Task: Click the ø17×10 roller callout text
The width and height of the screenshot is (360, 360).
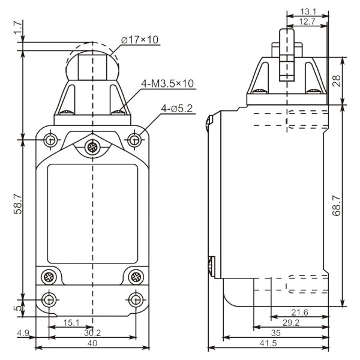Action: point(140,40)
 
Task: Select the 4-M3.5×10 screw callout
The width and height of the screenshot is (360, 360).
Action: point(167,83)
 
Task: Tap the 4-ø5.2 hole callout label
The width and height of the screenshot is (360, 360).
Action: point(176,109)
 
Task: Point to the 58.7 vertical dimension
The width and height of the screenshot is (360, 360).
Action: point(17,204)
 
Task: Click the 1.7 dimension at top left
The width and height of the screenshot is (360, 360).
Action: point(18,28)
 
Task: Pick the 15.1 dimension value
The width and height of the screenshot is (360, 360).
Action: point(71,323)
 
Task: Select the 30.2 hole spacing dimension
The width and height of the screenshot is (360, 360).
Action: point(92,332)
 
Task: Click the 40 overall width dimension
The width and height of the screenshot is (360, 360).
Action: point(92,343)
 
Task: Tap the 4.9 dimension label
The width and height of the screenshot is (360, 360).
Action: point(23,332)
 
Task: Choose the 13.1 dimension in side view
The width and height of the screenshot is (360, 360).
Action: point(308,11)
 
